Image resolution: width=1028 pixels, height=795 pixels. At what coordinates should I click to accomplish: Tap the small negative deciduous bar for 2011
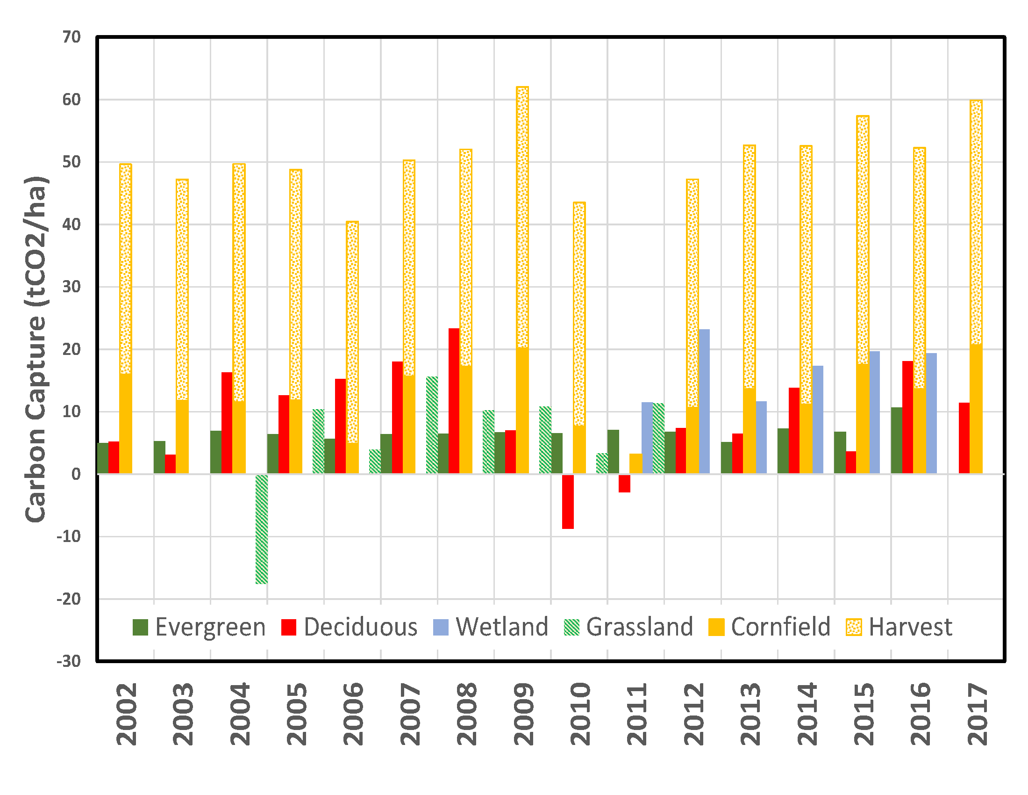coord(624,483)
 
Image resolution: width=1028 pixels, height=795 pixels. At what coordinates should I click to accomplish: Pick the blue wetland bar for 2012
coord(704,401)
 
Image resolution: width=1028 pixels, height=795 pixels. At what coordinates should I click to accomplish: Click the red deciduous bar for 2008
coord(454,401)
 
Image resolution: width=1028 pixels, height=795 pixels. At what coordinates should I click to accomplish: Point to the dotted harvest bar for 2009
coord(522,217)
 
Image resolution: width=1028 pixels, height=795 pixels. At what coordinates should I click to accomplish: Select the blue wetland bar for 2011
coord(647,438)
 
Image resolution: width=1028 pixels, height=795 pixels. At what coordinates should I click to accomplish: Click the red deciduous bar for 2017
coord(964,438)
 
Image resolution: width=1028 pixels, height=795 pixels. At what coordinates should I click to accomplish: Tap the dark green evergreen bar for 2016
coord(897,441)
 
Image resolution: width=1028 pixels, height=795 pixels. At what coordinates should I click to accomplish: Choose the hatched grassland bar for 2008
coord(432,425)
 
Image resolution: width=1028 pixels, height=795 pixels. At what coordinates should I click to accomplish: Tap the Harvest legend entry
coord(899,627)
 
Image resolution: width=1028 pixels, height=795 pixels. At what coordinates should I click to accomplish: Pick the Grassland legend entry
coord(628,627)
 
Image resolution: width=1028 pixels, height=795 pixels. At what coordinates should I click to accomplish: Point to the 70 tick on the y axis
coord(71,37)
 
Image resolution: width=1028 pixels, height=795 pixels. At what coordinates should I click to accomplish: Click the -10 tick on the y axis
coord(69,536)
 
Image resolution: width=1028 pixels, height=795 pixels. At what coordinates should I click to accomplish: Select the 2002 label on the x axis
coord(126,714)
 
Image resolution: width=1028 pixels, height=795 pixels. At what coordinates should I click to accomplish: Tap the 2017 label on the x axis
coord(977,714)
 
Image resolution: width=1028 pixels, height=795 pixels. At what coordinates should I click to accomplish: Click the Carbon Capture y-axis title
coord(36,348)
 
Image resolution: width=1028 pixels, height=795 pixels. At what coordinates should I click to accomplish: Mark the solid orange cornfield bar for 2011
coord(635,463)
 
